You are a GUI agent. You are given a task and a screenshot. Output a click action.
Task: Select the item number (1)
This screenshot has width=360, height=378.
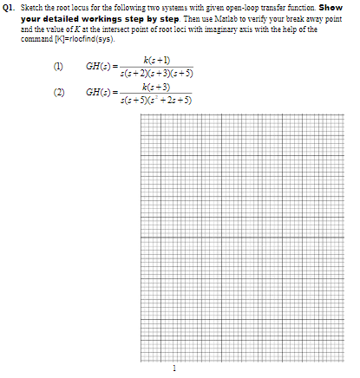60,67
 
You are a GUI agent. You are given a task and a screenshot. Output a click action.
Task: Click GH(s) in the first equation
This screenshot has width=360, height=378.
97,67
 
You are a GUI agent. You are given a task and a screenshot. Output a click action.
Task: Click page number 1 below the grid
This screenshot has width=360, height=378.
174,368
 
